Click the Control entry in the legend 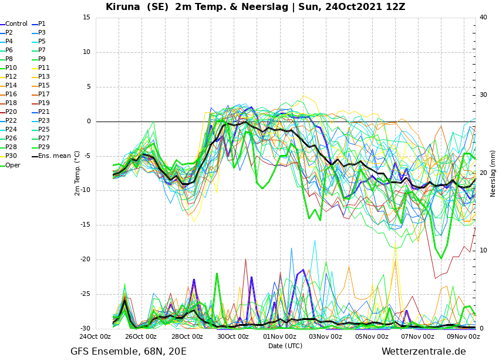point(14,24)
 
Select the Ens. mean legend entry point(52,156)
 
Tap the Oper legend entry point(11,165)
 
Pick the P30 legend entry point(9,156)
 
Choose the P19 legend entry point(41,103)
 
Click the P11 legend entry point(41,68)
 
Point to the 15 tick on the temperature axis point(86,18)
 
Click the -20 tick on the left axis point(85,259)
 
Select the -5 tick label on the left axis point(87,156)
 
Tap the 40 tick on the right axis point(483,18)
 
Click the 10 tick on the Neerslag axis point(483,251)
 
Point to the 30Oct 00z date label point(233,336)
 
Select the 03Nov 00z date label point(326,336)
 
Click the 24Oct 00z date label point(95,336)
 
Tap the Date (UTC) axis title point(285,346)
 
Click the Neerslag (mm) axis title point(493,178)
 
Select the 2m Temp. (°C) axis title point(77,173)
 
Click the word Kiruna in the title point(123,6)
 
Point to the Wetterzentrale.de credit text point(424,352)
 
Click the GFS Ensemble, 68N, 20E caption point(129,352)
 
